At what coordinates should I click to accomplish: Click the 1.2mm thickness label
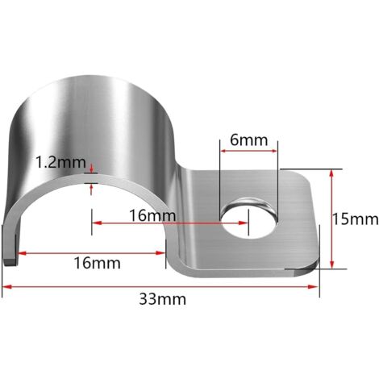click(60, 162)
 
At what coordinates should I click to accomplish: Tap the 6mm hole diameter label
click(248, 140)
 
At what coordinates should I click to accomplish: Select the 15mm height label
click(356, 218)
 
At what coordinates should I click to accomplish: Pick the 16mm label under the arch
click(98, 263)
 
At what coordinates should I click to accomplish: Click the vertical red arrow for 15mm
click(331, 218)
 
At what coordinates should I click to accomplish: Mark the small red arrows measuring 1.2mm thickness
click(93, 178)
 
